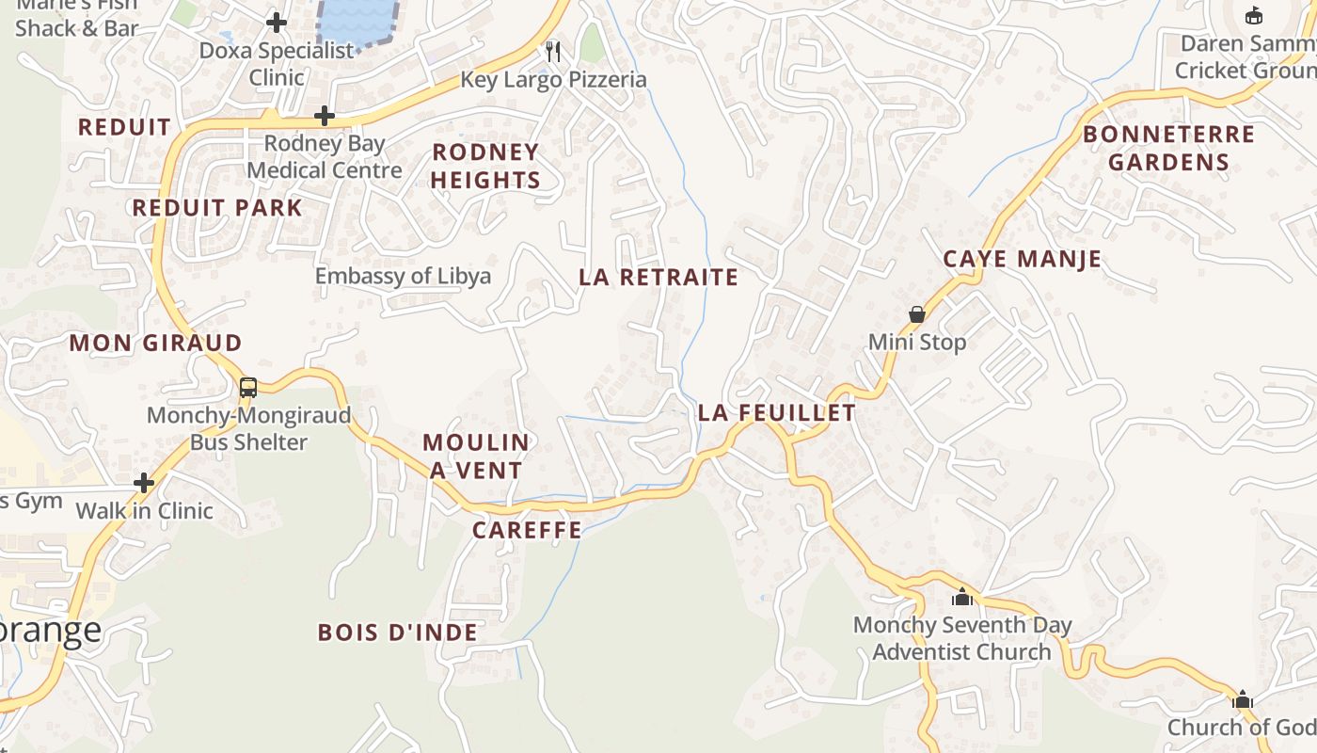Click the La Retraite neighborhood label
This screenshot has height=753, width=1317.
(x=658, y=277)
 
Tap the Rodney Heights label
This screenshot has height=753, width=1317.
(x=485, y=166)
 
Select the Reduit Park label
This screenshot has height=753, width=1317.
(x=217, y=208)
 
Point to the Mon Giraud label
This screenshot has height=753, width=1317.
(x=156, y=343)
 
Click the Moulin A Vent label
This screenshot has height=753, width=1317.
(x=476, y=456)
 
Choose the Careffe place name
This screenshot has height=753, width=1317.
(x=527, y=530)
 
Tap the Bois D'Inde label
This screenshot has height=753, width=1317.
(x=398, y=633)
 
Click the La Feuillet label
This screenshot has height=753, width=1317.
(x=777, y=412)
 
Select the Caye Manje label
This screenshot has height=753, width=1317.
(x=1023, y=259)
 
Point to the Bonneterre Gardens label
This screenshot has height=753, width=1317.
(x=1169, y=148)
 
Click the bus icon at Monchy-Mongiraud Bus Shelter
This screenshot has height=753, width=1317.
(x=248, y=387)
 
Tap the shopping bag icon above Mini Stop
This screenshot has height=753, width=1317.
(x=917, y=314)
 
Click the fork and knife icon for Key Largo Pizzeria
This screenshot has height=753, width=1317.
(x=553, y=52)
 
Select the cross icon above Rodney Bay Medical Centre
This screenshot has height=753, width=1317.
(x=325, y=116)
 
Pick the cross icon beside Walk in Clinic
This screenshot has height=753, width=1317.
(x=144, y=483)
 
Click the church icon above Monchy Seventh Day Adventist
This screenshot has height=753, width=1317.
(x=961, y=597)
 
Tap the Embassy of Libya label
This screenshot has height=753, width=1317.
(x=403, y=276)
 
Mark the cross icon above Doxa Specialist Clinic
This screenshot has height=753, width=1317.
(x=277, y=22)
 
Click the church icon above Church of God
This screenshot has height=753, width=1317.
(x=1243, y=699)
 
